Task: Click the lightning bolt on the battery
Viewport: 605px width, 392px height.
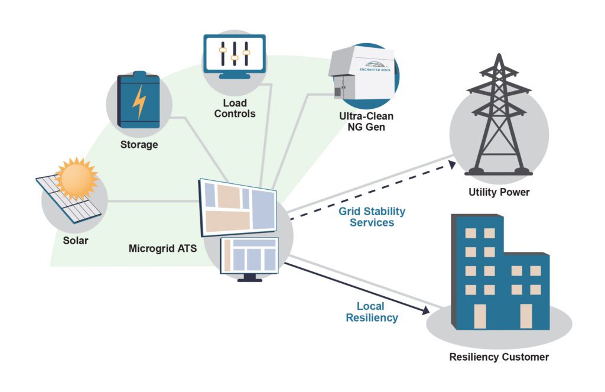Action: click(139, 102)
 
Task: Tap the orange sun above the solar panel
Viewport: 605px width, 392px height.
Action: click(76, 177)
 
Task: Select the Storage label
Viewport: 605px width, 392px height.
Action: click(139, 145)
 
